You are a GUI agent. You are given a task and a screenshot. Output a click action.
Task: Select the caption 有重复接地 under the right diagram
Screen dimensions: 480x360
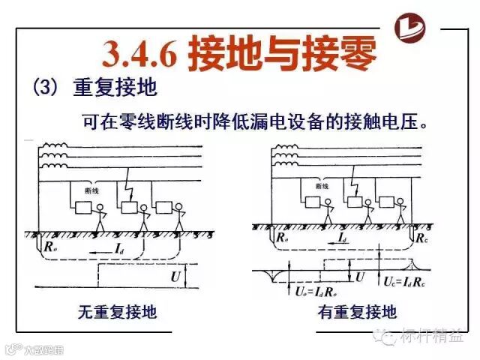click(x=358, y=310)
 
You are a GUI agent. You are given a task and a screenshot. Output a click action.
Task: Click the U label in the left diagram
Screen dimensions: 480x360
click(x=175, y=276)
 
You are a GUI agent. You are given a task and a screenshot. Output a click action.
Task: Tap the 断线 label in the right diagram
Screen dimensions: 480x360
click(x=322, y=185)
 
